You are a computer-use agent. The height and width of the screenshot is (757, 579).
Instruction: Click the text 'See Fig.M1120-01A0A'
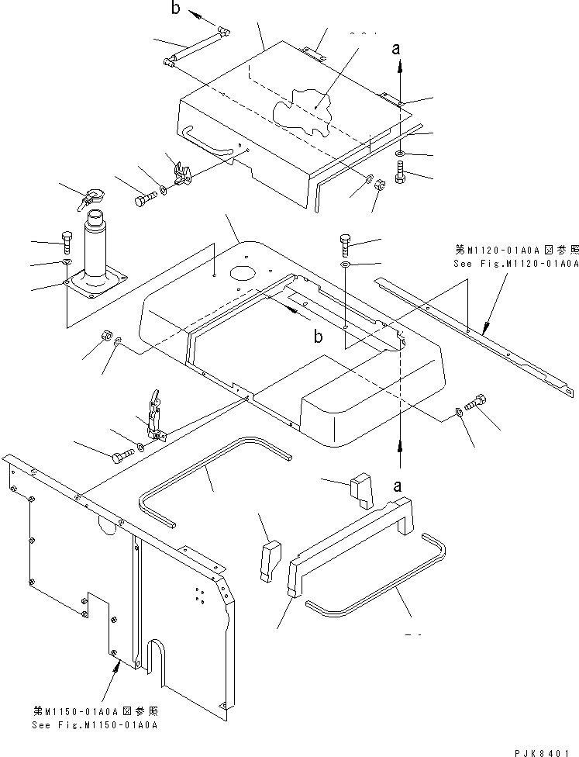pos(516,264)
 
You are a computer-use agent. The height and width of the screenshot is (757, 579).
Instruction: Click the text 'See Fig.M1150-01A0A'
pos(95,724)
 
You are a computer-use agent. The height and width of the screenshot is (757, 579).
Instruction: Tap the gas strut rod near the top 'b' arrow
pos(197,47)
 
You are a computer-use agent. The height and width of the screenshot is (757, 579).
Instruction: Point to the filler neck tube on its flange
pos(97,248)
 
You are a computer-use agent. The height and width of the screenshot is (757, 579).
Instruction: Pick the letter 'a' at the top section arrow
pos(397,49)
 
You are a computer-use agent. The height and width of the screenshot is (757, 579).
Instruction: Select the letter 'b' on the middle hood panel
pos(317,334)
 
